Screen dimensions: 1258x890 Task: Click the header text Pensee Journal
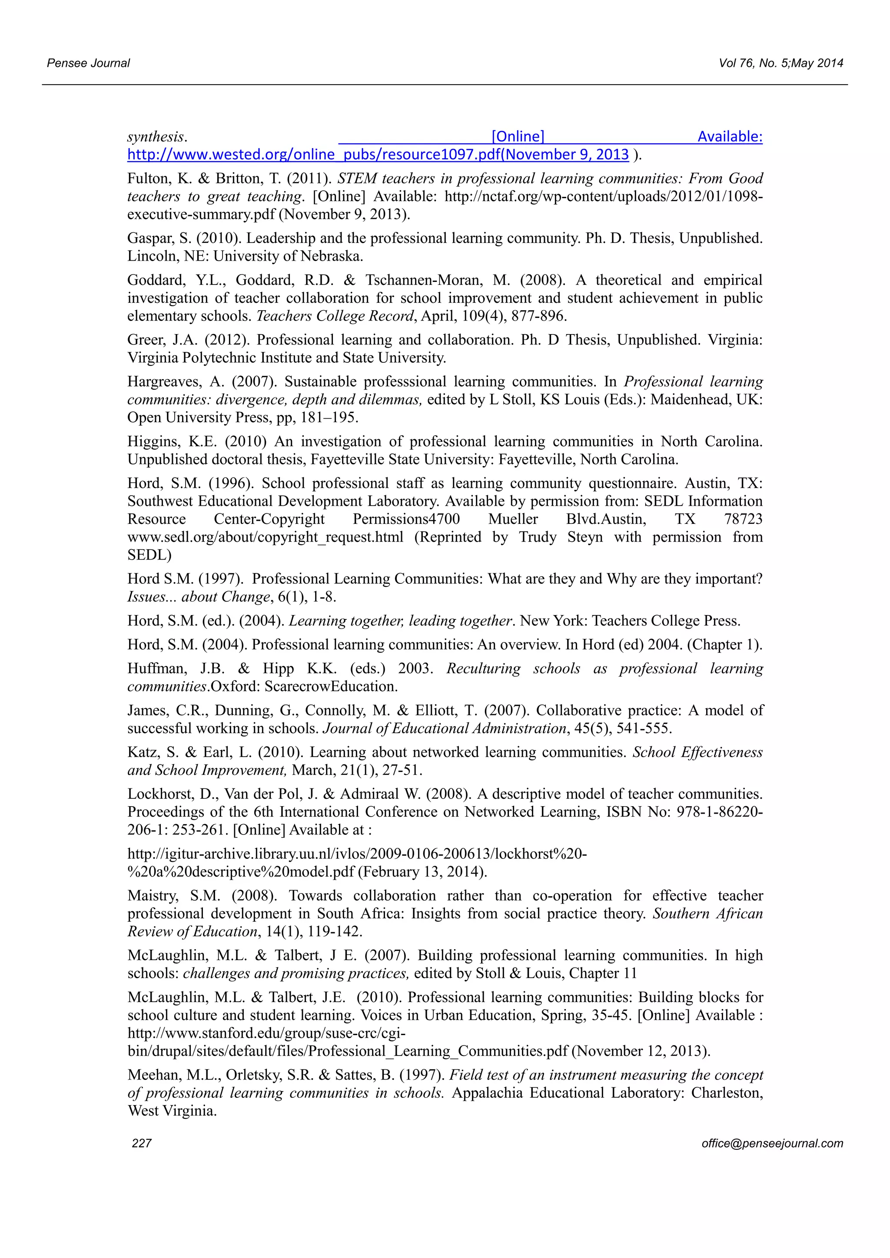click(x=88, y=63)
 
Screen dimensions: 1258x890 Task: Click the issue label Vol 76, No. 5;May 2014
click(x=780, y=63)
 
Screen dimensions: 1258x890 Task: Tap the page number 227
click(x=142, y=1143)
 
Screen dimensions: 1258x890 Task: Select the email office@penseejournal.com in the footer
click(x=772, y=1143)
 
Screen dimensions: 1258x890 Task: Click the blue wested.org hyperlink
click(x=378, y=155)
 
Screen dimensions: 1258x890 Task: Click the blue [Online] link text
click(x=518, y=136)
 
